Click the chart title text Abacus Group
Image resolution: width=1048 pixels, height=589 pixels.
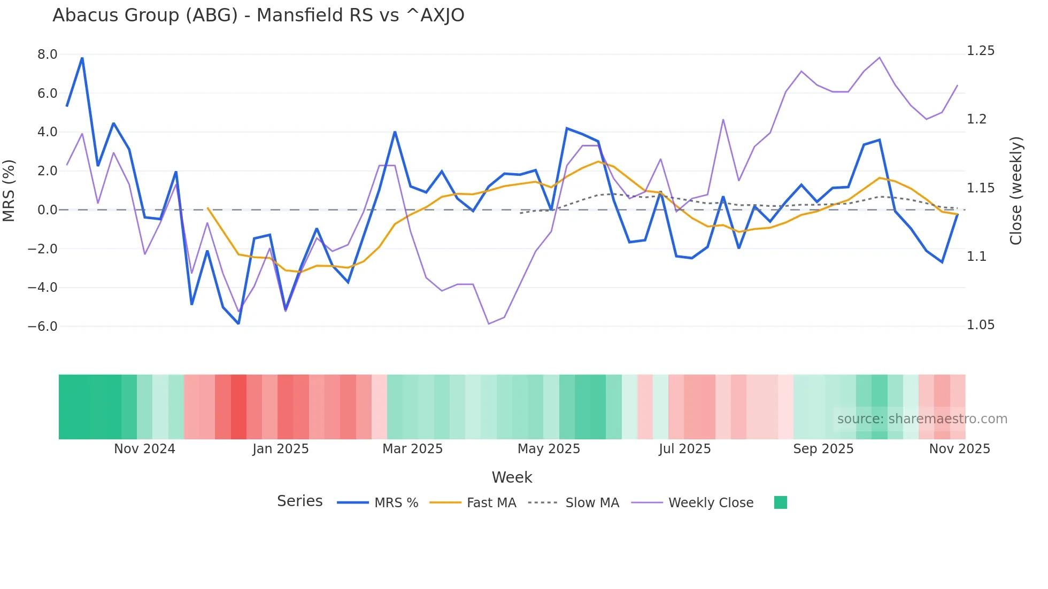(258, 15)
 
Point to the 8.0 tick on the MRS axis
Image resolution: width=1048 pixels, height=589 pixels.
(47, 55)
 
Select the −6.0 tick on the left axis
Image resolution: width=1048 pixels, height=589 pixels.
(43, 327)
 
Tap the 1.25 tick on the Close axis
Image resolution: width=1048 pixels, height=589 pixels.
(981, 51)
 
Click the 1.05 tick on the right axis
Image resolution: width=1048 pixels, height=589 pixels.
(981, 325)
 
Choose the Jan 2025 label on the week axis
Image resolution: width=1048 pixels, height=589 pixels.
(281, 449)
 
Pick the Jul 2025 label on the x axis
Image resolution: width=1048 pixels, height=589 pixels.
(685, 449)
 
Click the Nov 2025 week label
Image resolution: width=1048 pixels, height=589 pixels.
(960, 449)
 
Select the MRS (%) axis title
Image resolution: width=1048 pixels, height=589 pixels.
(9, 191)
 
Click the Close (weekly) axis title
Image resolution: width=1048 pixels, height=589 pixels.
(1016, 191)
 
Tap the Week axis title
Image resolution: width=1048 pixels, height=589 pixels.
(512, 477)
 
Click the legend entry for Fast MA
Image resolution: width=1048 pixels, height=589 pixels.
(491, 503)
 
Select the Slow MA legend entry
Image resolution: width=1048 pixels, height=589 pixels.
(592, 503)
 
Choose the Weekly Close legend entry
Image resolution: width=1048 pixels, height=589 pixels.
(711, 503)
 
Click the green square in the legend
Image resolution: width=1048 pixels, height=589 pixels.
(781, 502)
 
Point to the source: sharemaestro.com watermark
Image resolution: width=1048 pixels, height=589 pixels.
(922, 419)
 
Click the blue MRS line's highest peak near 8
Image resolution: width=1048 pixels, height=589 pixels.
(82, 58)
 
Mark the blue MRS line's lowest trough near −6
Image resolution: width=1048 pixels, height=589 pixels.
(238, 323)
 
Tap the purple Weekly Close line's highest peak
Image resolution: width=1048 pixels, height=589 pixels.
(880, 58)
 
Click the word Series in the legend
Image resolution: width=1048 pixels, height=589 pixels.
(299, 501)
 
